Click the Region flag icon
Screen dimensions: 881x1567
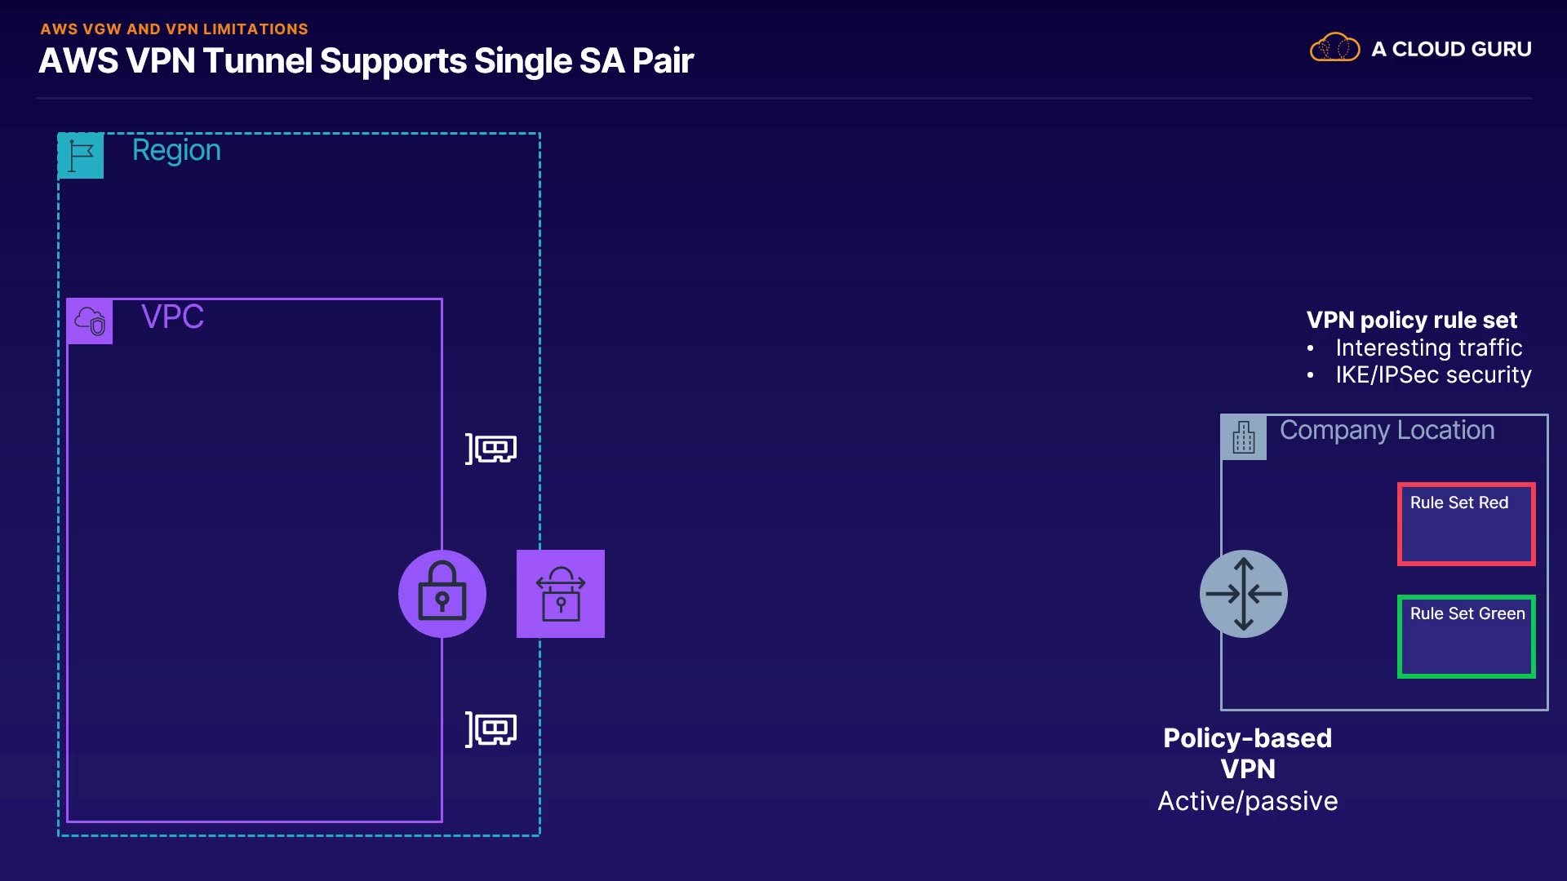point(81,155)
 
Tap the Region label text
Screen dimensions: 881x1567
point(176,150)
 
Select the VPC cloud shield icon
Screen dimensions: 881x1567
point(90,321)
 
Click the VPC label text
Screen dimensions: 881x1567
point(172,317)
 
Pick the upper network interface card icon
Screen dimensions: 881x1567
point(491,449)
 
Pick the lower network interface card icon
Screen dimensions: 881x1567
point(491,729)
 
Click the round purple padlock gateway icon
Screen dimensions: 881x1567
point(442,594)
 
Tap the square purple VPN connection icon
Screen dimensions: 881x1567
point(561,594)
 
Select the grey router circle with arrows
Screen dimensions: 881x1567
point(1244,594)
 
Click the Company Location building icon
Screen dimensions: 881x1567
point(1244,437)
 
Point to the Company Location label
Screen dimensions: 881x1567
point(1387,430)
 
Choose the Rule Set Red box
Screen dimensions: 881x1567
point(1466,524)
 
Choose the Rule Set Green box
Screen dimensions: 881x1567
point(1466,636)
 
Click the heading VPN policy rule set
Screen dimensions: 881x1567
point(1411,320)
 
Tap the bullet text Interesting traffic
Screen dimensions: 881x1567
point(1428,348)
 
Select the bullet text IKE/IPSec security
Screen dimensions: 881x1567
point(1433,374)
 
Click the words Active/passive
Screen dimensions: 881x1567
point(1247,801)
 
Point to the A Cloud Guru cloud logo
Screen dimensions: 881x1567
point(1334,48)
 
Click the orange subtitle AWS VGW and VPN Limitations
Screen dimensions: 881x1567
point(174,29)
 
